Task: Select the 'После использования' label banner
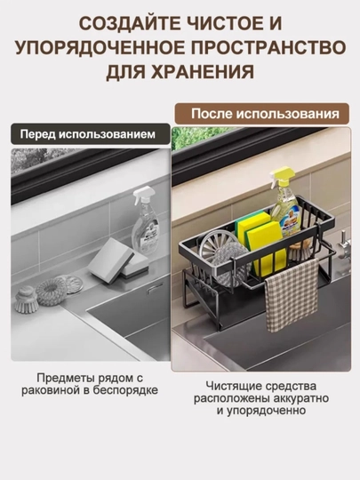click(261, 114)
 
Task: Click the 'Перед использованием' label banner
click(91, 134)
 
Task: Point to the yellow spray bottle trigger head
click(280, 175)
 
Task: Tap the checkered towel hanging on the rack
click(291, 294)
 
